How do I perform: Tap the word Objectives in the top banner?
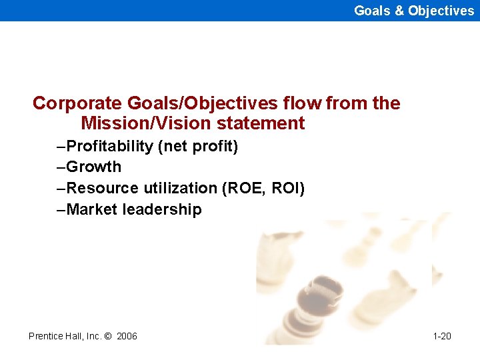tap(441, 11)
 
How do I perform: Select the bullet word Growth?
tap(94, 167)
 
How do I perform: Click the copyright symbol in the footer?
tap(108, 336)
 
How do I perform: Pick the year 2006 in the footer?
tap(127, 336)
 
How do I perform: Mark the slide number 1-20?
tap(442, 336)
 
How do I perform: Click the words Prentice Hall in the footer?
tap(53, 336)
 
